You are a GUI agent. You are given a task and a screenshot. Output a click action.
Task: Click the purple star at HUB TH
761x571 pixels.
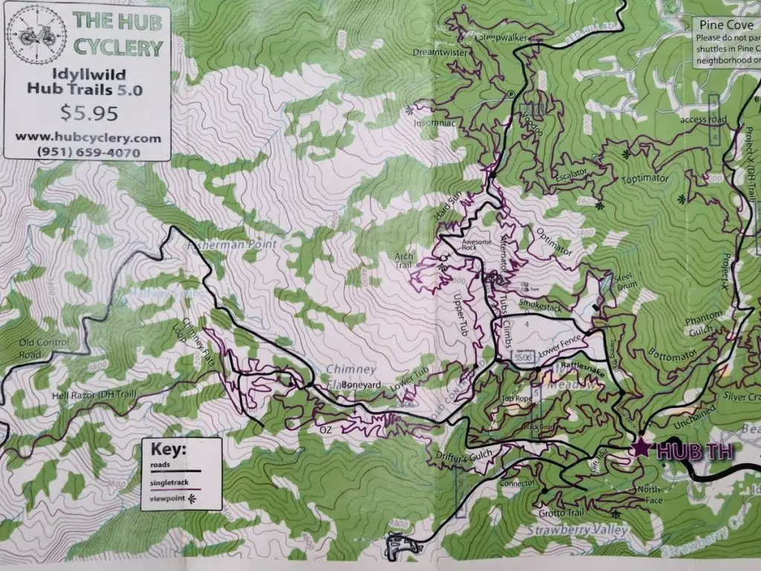[x=639, y=447]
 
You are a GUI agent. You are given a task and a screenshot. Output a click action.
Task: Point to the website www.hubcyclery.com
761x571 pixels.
[x=87, y=138]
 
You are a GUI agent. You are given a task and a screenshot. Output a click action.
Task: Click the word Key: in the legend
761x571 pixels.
[x=169, y=451]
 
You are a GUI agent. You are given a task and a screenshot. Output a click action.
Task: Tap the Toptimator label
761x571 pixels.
[x=644, y=179]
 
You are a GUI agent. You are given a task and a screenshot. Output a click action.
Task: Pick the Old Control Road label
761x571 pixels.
[x=45, y=348]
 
